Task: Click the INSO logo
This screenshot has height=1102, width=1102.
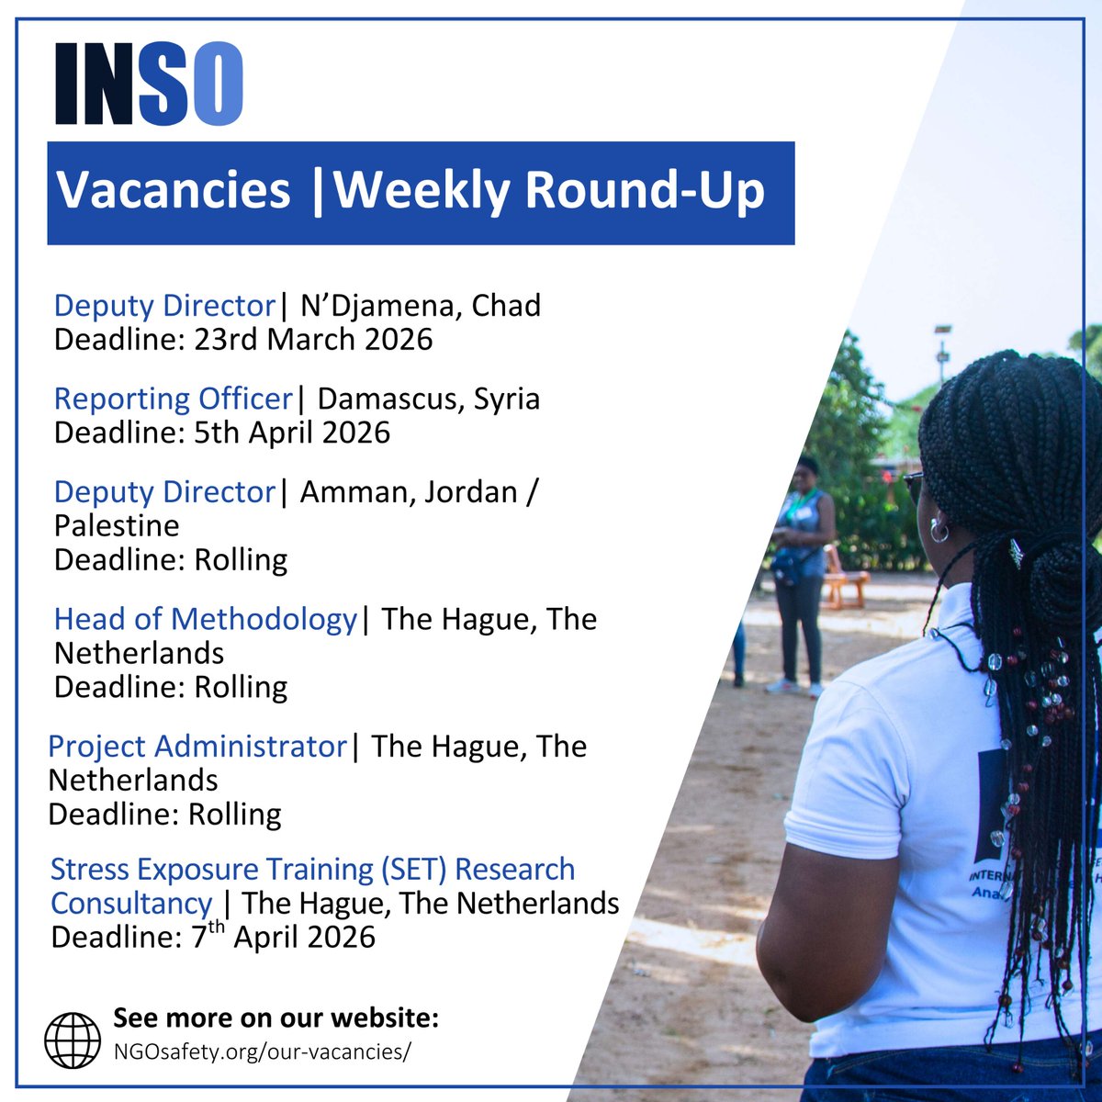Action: [x=149, y=84]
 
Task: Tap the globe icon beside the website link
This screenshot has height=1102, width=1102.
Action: [x=73, y=1040]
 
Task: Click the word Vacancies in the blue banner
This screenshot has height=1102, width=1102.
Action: [x=174, y=190]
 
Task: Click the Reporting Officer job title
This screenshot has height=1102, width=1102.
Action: [x=173, y=399]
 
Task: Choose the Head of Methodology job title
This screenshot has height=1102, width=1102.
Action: [x=205, y=619]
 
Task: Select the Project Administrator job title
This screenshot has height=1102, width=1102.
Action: [x=197, y=746]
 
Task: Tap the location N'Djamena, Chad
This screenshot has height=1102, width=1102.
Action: [x=421, y=306]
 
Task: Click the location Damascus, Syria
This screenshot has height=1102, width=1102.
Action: [x=429, y=399]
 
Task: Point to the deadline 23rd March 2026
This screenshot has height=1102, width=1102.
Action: [x=313, y=340]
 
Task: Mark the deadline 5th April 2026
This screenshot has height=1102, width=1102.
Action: [x=292, y=433]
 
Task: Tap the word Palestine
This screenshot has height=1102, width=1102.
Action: [x=117, y=525]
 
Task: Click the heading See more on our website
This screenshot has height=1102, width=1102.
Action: [x=275, y=1018]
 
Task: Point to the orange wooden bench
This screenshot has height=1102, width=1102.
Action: [x=845, y=579]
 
